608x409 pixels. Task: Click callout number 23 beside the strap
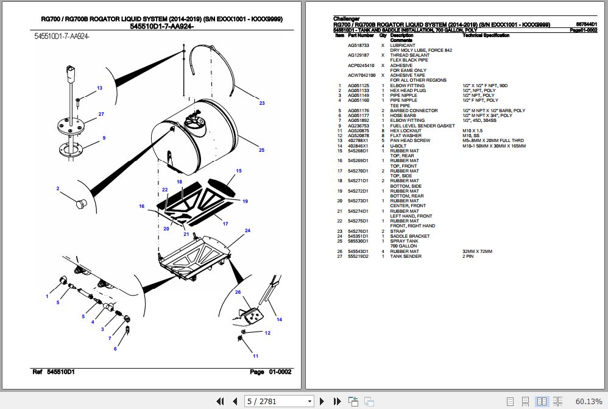261,103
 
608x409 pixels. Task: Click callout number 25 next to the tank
261,150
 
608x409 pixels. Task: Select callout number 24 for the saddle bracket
247,230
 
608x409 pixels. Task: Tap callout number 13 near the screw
99,88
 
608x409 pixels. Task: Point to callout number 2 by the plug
58,188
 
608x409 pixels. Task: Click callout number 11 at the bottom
255,356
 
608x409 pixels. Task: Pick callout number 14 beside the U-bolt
279,319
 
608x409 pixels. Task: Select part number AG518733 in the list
359,46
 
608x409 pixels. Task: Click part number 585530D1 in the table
358,241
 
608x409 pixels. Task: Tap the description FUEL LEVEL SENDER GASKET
422,126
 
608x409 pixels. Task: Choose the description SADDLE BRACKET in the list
409,237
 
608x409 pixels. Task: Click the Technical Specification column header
486,36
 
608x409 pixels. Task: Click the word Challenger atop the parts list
347,20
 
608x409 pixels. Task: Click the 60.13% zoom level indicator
589,400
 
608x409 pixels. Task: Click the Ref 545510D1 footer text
53,372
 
